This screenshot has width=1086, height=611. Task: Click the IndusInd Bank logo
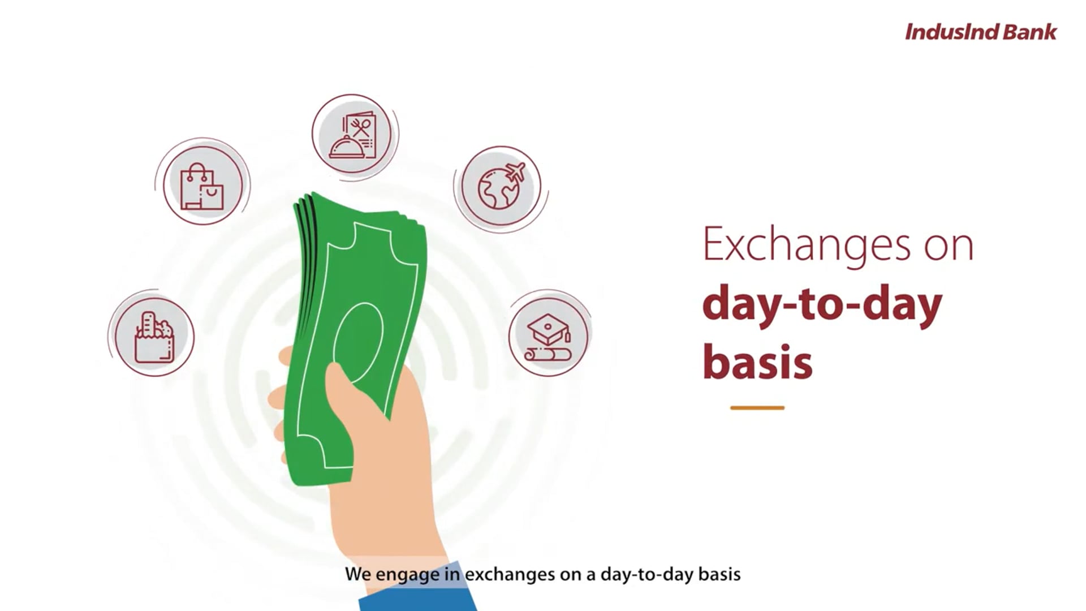tap(980, 32)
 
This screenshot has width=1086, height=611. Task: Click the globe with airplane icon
tap(500, 186)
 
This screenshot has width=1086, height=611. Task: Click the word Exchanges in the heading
tap(806, 245)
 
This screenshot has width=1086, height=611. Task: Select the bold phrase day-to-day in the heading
tap(822, 304)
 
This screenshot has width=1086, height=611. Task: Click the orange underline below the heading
tap(757, 407)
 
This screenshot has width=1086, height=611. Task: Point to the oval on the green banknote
tap(357, 342)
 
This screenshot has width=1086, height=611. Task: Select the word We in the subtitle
tap(357, 574)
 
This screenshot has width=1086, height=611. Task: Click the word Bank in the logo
tap(1029, 32)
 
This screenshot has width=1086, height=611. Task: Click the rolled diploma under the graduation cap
tap(548, 355)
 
